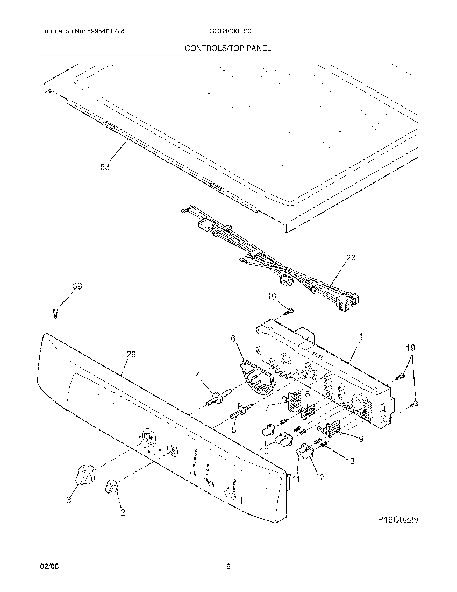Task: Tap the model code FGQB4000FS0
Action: coord(228,32)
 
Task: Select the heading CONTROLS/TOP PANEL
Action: coord(228,48)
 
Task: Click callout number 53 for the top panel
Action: coord(105,167)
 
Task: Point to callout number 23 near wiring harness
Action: coord(351,258)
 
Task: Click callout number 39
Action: coord(77,287)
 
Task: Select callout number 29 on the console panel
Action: coord(131,354)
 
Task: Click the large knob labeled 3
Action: coord(84,475)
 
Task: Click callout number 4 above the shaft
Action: coord(198,375)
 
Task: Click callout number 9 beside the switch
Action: coord(361,439)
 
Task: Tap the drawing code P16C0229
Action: coord(397,520)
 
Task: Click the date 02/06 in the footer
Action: coord(48,566)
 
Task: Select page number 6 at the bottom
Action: coord(228,566)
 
